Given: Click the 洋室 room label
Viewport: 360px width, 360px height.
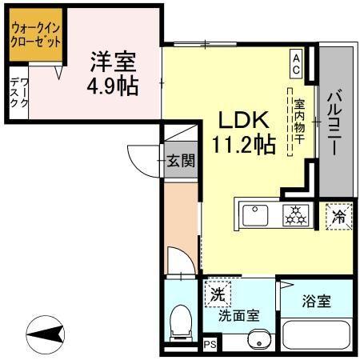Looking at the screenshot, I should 113,61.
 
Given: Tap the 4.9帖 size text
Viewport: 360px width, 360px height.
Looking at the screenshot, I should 113,85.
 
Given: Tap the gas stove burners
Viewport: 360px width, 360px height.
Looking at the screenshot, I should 293,214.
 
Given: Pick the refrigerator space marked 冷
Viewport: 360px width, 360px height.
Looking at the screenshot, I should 338,215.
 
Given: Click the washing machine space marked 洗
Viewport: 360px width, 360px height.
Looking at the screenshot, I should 218,293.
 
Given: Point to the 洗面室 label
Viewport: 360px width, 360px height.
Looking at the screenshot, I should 239,315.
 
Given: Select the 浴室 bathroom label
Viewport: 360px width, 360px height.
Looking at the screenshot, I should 316,302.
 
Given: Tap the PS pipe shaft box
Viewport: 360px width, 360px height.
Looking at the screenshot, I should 210,345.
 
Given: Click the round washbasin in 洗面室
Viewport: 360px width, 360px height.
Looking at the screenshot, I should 258,342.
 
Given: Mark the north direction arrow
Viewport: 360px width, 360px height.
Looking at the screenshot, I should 50,332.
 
